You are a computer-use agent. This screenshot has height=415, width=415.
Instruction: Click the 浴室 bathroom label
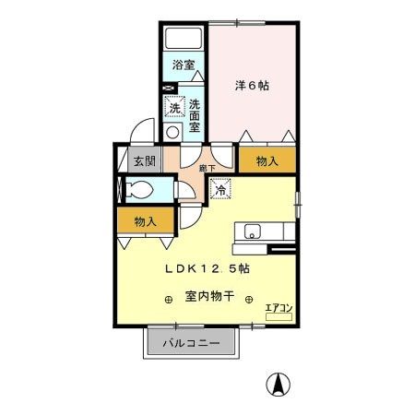click(184, 65)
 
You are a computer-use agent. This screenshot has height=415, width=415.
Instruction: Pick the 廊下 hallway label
click(207, 168)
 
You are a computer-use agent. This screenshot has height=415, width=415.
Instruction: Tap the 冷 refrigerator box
click(221, 190)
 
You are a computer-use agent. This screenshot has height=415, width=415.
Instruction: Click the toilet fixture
click(139, 191)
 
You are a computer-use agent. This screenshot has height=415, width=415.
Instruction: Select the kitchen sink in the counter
click(253, 231)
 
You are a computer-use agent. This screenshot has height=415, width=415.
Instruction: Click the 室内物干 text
click(209, 297)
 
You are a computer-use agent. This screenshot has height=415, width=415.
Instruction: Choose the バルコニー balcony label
click(192, 344)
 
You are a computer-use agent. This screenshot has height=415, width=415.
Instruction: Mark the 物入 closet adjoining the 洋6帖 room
click(267, 160)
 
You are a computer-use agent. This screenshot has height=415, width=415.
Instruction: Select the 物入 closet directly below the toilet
click(145, 221)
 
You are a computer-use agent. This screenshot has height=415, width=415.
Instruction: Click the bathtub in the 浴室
click(184, 41)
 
